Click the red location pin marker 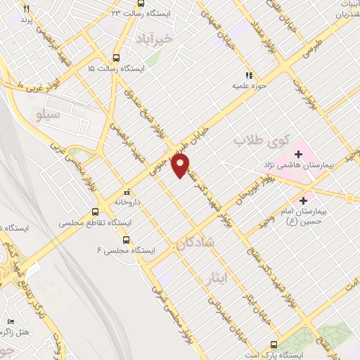[x=181, y=166]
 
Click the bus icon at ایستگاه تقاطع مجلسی [x=96, y=212]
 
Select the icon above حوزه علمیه [x=247, y=75]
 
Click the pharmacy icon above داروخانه [x=127, y=191]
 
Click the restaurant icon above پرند [x=27, y=9]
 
